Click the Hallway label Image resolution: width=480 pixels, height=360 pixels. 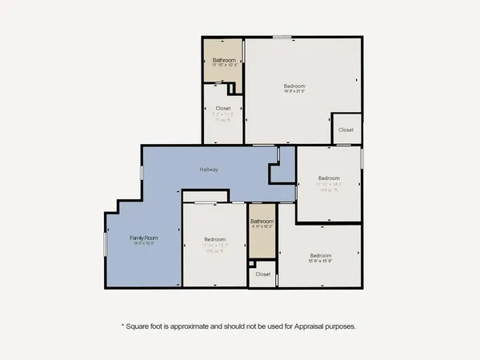[210, 170]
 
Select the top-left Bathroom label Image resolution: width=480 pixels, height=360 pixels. [224, 61]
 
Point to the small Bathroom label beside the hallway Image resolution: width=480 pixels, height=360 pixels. [262, 222]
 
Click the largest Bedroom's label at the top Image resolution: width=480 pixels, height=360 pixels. [294, 86]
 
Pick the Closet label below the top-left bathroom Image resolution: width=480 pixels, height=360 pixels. [224, 109]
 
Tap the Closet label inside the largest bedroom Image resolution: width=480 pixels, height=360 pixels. [346, 130]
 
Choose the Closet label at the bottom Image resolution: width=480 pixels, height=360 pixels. [263, 274]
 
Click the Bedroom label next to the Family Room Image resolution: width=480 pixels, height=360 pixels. [214, 239]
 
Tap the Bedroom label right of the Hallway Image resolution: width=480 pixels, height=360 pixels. [329, 178]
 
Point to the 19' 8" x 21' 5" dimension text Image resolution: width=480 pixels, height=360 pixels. [294, 92]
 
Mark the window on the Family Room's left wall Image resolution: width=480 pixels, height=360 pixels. [105, 245]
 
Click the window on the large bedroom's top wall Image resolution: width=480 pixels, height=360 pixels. [281, 37]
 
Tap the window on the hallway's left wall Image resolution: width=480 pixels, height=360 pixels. [142, 172]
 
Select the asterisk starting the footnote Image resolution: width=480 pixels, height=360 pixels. [122, 326]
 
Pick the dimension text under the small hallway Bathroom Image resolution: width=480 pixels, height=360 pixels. [262, 228]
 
